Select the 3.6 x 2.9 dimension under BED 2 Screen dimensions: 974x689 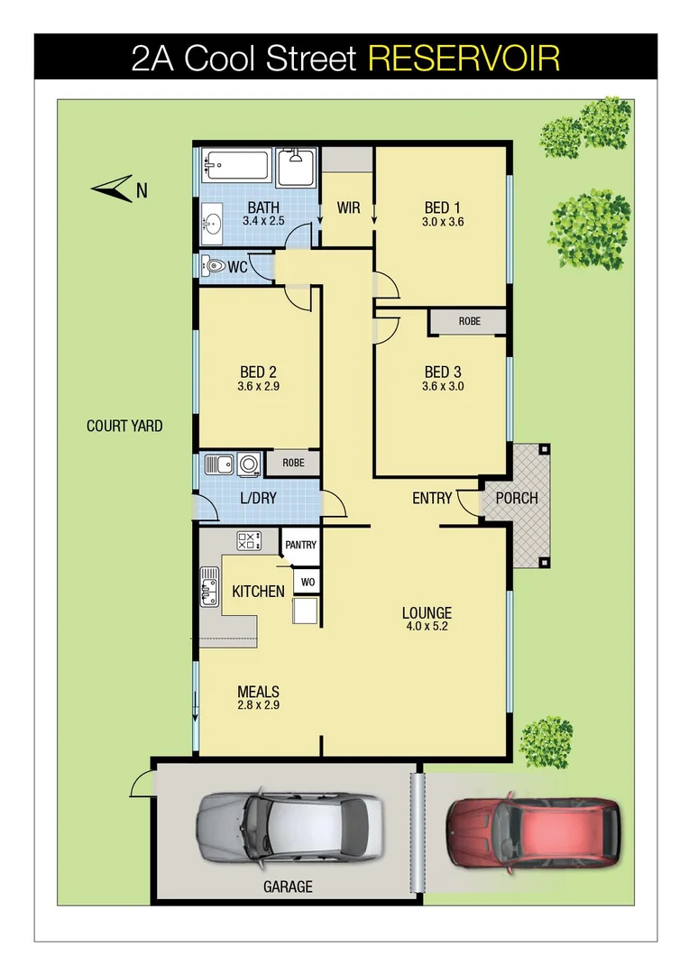pos(258,387)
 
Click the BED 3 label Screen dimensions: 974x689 pos(442,372)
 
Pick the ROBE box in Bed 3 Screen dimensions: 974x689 pos(469,321)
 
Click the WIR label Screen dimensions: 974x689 pos(348,208)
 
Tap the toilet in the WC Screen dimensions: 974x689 pos(215,267)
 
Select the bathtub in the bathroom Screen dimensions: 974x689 pos(235,166)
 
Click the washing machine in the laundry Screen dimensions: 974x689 pos(249,464)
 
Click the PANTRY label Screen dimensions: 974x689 pos(300,546)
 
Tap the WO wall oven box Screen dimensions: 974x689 pos(307,582)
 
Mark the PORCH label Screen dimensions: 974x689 pos(517,498)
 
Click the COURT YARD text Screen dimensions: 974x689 pos(124,426)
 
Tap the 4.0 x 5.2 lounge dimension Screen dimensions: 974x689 pos(427,626)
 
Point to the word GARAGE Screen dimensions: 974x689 pos(288,887)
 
